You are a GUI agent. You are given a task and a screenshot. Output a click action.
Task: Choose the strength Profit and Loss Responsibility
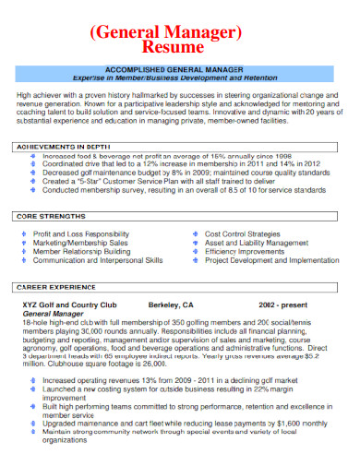tap(81, 233)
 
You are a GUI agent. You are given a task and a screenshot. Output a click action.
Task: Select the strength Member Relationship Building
tap(81, 251)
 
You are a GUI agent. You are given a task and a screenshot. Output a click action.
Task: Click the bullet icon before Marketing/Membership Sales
tap(23, 243)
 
